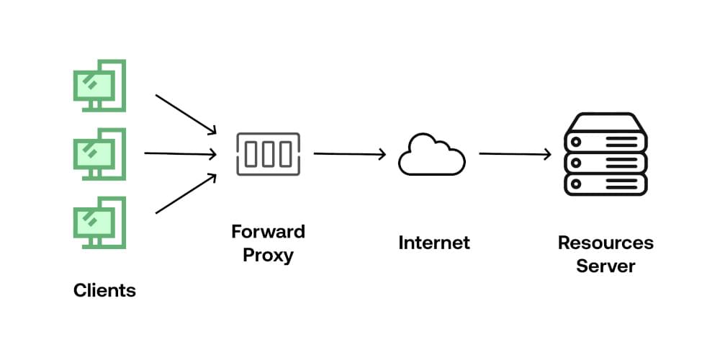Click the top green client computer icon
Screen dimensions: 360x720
(x=99, y=86)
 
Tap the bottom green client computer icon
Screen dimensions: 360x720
(x=99, y=222)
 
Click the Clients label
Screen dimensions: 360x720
(x=104, y=291)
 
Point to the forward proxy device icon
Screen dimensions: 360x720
(x=268, y=153)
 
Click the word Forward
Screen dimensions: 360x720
(x=268, y=232)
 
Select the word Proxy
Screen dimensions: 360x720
(x=268, y=255)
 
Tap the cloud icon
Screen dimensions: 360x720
(x=431, y=154)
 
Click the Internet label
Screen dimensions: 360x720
(x=433, y=243)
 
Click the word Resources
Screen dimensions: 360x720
(x=606, y=243)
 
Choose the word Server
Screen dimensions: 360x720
(x=606, y=266)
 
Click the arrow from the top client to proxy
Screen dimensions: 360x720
(x=186, y=114)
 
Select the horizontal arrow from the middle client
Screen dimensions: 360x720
(x=180, y=153)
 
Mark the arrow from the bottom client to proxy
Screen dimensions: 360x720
(x=186, y=194)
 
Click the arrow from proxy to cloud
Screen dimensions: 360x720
(x=350, y=153)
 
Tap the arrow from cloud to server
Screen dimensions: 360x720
(x=515, y=153)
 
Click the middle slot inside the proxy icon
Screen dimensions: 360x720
(x=268, y=153)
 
